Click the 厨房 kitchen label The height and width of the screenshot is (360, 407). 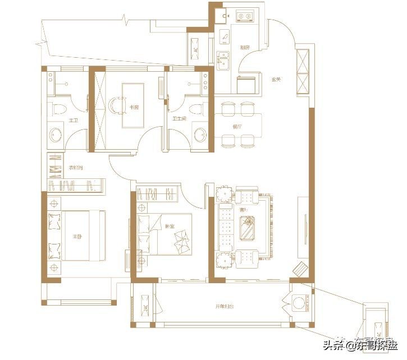(x=244, y=48)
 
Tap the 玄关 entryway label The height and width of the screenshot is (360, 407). (x=275, y=79)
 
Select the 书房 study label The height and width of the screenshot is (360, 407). (x=134, y=107)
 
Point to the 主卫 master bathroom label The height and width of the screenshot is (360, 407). (x=72, y=119)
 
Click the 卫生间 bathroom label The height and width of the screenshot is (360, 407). (x=179, y=119)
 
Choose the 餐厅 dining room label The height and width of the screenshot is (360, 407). (x=236, y=127)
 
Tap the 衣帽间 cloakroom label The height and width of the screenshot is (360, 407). (x=76, y=168)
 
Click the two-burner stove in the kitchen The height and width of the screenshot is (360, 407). (x=245, y=17)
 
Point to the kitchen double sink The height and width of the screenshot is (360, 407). (x=222, y=58)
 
